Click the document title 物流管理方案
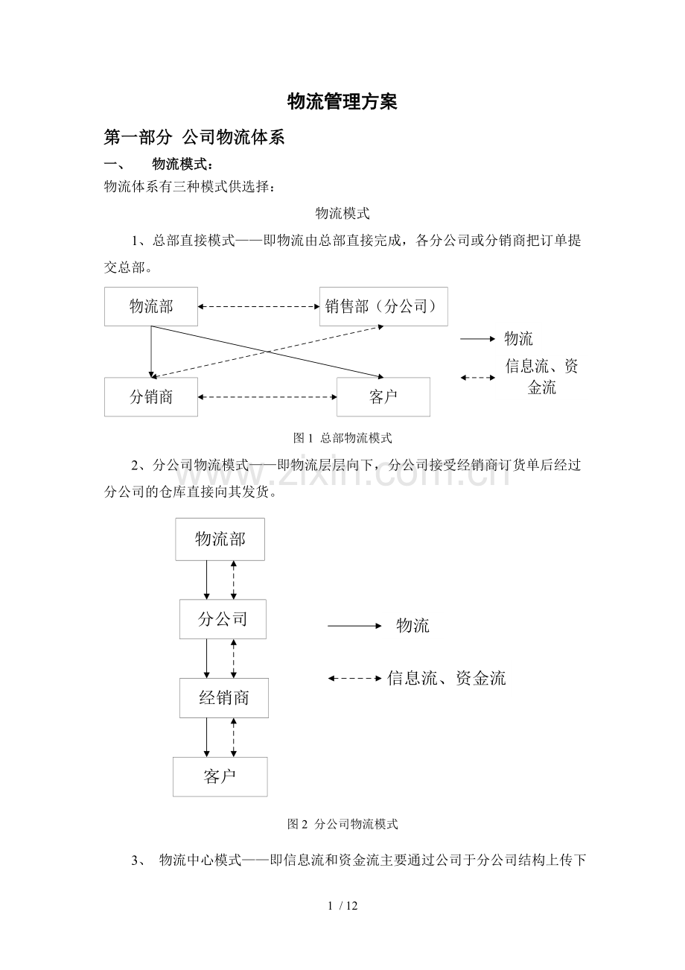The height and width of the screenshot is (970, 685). pos(342,102)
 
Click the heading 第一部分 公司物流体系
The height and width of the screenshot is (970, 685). pos(194,137)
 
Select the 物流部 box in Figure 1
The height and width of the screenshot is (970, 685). pos(151,306)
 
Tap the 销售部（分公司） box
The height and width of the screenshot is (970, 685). pos(383,306)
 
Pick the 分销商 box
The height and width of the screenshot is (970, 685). pos(151,397)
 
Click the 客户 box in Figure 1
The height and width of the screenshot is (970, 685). pos(383,397)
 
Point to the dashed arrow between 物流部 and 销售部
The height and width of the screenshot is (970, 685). pos(259,306)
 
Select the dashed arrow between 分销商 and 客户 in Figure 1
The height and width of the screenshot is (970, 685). pos(267,397)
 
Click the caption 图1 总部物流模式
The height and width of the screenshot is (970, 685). pos(342,438)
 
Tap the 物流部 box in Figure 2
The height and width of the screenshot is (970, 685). pos(220,539)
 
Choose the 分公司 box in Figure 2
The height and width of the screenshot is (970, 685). pos(223,618)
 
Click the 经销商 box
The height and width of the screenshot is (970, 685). pos(224,698)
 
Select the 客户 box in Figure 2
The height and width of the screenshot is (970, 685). pos(220,777)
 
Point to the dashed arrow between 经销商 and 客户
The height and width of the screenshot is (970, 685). pos(234,738)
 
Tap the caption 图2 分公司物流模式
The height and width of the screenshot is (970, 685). pos(342,824)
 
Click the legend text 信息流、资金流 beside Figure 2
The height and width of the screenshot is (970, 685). pos(446,678)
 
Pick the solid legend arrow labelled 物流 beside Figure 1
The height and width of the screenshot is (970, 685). pos(477,339)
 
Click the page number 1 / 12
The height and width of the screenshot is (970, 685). pos(342,906)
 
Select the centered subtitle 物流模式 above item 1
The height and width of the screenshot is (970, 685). pos(342,214)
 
